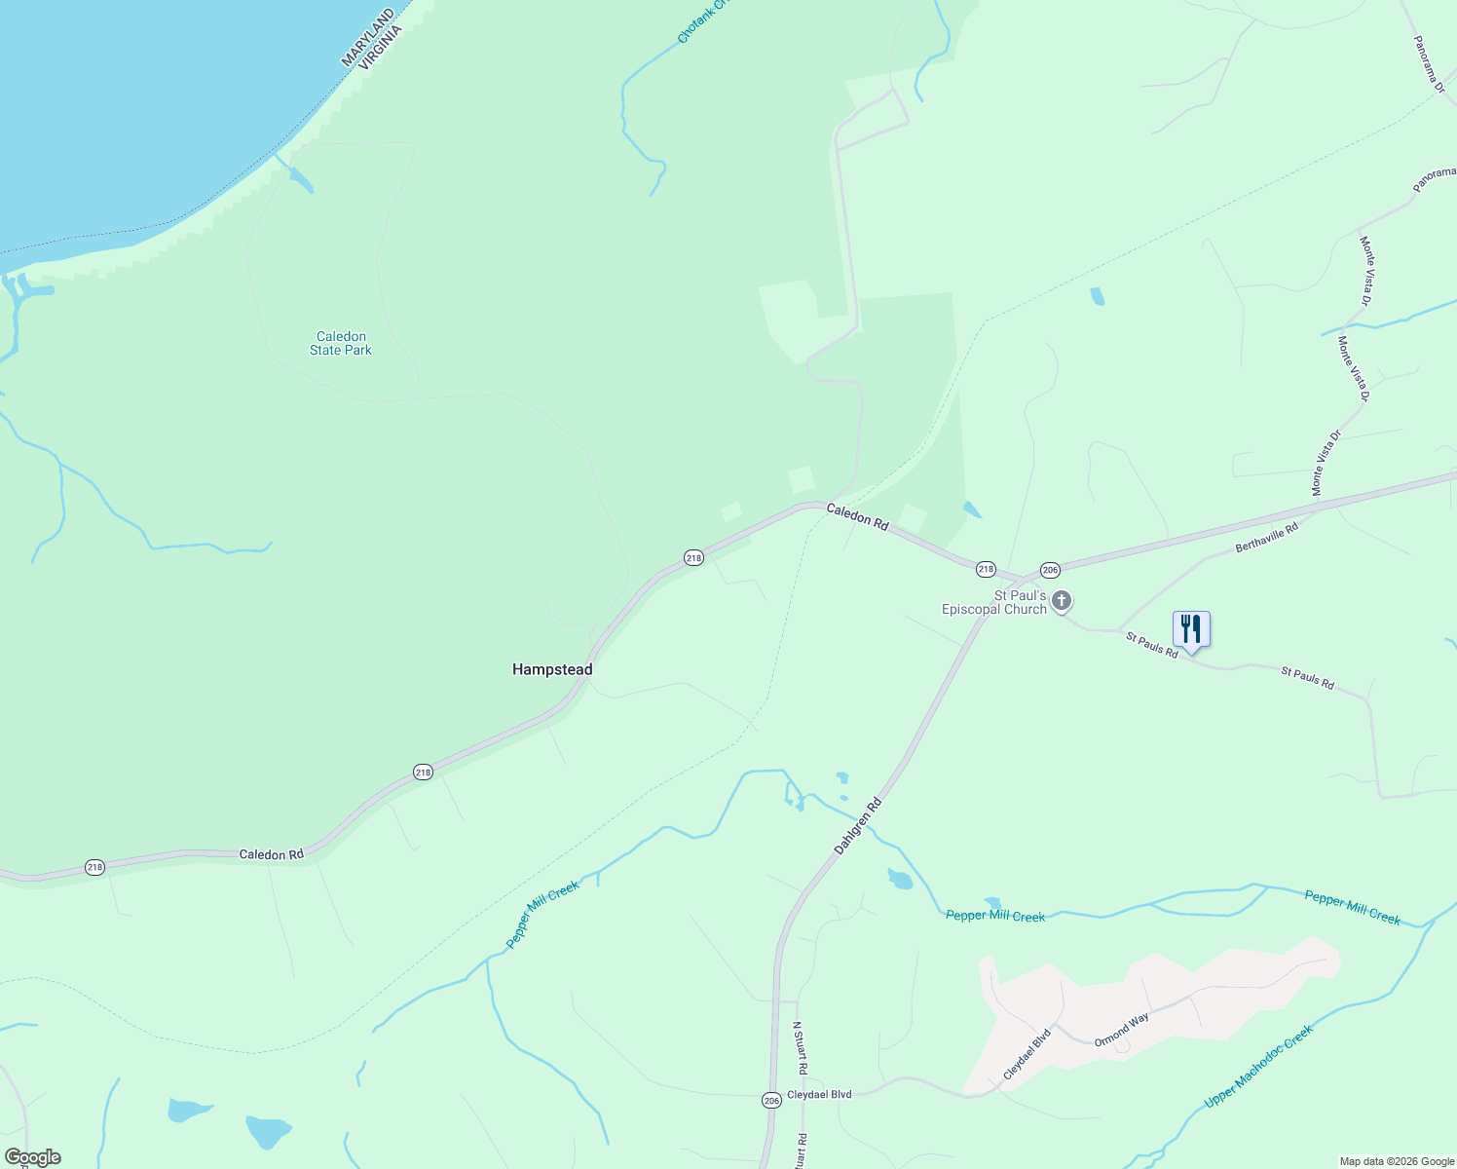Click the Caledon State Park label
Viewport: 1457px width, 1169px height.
click(341, 343)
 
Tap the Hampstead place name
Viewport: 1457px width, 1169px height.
click(552, 669)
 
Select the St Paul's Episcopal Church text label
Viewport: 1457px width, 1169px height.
click(993, 602)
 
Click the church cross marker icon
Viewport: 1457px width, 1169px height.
click(1062, 601)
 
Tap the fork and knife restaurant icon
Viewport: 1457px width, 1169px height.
click(1190, 629)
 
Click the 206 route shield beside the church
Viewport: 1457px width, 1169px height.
click(1049, 570)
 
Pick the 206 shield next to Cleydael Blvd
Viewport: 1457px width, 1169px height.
click(771, 1100)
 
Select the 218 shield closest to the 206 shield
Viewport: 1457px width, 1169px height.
click(986, 569)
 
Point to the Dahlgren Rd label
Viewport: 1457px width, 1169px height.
click(858, 826)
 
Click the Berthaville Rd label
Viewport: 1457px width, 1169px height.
click(1266, 538)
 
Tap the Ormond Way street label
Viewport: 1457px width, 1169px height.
click(1121, 1030)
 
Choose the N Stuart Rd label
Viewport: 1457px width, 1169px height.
click(799, 1047)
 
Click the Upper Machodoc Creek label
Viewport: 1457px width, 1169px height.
click(1258, 1065)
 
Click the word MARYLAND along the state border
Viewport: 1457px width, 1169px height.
click(368, 38)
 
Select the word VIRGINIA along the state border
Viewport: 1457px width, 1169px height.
click(381, 48)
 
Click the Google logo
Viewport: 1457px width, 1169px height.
click(32, 1157)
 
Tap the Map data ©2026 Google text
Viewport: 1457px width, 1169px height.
click(1396, 1161)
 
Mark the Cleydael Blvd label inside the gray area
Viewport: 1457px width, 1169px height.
click(1027, 1054)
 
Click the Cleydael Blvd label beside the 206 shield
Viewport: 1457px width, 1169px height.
click(819, 1095)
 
